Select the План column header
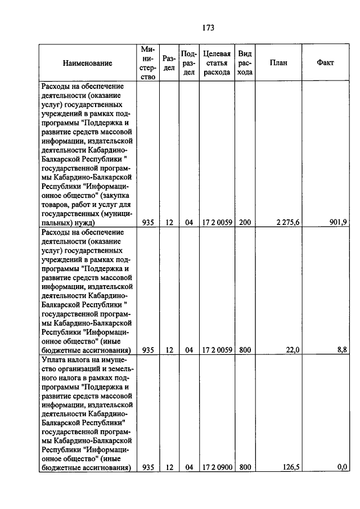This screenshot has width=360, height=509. pyautogui.click(x=278, y=63)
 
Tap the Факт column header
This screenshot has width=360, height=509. pyautogui.click(x=325, y=63)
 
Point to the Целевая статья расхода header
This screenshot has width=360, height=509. pyautogui.click(x=217, y=63)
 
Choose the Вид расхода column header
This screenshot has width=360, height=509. pyautogui.click(x=245, y=63)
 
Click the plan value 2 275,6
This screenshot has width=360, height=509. pyautogui.click(x=288, y=223)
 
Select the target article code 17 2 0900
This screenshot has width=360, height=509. pyautogui.click(x=217, y=467)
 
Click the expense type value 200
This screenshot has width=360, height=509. pyautogui.click(x=245, y=223)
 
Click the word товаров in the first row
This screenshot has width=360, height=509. pyautogui.click(x=54, y=204)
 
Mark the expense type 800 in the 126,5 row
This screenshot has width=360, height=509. pyautogui.click(x=245, y=467)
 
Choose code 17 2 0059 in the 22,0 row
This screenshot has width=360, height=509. pyautogui.click(x=217, y=350)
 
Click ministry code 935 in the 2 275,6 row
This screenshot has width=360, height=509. pyautogui.click(x=148, y=223)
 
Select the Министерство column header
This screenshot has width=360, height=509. pyautogui.click(x=148, y=63)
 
